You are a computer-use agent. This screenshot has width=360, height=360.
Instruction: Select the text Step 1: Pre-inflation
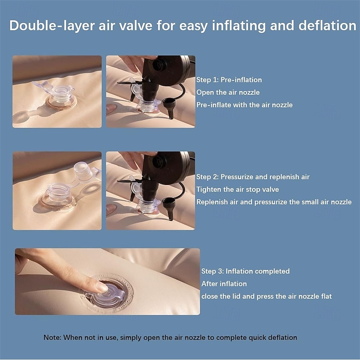point(229,80)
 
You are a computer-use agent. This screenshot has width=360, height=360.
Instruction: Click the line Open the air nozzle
point(228,92)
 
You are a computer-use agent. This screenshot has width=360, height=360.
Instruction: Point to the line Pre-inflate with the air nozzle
point(244,105)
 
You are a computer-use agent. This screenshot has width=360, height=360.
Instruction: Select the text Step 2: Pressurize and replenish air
point(253,177)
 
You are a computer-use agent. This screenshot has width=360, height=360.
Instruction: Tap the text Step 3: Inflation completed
point(245,271)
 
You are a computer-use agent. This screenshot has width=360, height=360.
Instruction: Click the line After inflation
point(224,283)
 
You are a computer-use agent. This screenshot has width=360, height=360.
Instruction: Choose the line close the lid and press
point(266,296)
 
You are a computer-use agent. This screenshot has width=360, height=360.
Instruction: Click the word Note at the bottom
point(50,337)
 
